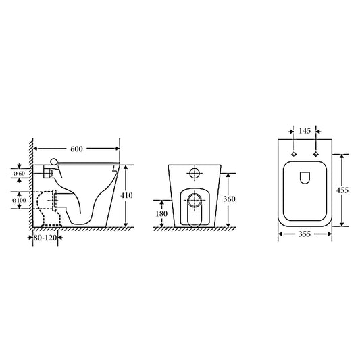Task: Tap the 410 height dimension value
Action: pos(127,196)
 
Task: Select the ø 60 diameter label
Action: pos(20,174)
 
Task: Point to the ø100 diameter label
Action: pos(20,200)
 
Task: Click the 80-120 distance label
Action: pos(47,238)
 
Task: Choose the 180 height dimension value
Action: pos(161,214)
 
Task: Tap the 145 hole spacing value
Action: pos(304,131)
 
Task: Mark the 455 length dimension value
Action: pos(343,190)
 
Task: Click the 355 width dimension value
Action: pos(304,236)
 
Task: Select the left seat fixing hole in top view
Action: pos(293,155)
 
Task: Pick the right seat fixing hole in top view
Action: pos(315,155)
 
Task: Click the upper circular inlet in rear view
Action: pos(195,174)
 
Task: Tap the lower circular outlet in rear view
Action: pos(195,200)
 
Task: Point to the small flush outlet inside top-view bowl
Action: pos(304,178)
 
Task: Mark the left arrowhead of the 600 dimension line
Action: pos(36,147)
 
